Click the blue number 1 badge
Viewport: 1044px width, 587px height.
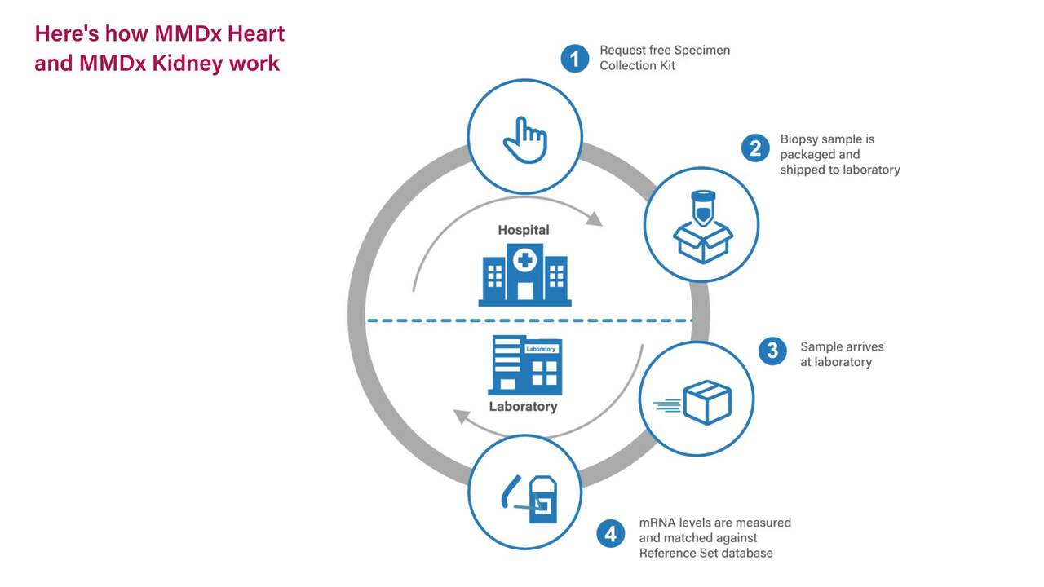[574, 59]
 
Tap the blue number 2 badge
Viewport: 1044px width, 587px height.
[755, 148]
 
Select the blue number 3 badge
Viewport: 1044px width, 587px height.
[772, 351]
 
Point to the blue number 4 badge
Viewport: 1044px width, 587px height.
[611, 534]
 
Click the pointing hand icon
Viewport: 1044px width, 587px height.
[525, 139]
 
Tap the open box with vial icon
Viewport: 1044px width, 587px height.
[703, 227]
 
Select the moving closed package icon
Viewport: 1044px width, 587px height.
[693, 403]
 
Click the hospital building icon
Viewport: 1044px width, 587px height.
[524, 275]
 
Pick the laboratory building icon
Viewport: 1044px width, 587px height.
[525, 365]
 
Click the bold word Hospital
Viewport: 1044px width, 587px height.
[524, 230]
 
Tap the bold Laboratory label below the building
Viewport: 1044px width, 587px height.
[523, 407]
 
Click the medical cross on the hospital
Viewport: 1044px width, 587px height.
[524, 260]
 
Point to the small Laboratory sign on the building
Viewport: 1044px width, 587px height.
[541, 349]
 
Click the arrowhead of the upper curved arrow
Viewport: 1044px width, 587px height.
[594, 219]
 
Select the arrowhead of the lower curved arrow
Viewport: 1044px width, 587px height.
[462, 416]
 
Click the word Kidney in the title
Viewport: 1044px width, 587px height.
[188, 64]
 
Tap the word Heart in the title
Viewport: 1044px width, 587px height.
[256, 34]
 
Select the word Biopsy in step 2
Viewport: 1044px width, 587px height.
[798, 139]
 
